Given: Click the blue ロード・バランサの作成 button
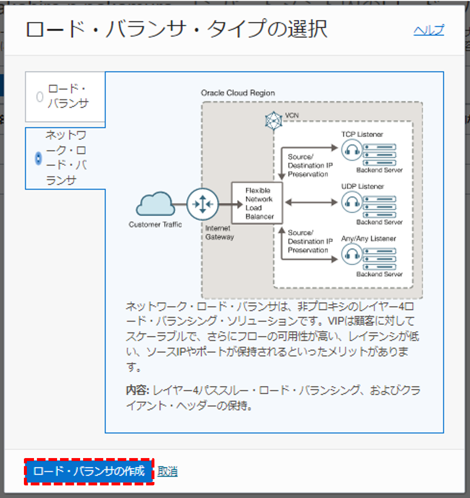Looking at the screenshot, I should coord(89,471).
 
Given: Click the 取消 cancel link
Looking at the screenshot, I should coord(167,472).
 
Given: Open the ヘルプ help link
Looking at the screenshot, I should coord(428,30).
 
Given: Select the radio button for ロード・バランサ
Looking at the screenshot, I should coord(40,97).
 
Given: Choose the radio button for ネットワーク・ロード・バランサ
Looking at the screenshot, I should coord(38,158).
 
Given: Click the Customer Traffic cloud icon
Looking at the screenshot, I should coord(155,204).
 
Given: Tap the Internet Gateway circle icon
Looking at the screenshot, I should coord(203,204).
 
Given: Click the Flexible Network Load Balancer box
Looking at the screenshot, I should coord(257,203).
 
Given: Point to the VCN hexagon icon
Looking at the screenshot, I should coord(274,121).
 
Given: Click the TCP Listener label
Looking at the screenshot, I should coord(362,134).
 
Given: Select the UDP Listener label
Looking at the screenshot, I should coord(363,187).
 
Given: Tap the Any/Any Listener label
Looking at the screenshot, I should coord(368,239).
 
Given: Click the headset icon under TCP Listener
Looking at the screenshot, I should coord(352,150).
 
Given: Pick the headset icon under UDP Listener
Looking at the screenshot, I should coord(352,202).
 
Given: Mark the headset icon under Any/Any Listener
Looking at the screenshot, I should coord(352,254).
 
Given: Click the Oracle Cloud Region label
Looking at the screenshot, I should coord(238,93).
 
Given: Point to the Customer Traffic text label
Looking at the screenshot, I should coord(155,225).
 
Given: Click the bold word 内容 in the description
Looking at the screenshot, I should coord(137,390).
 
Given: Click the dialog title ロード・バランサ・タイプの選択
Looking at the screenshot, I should coord(176,30).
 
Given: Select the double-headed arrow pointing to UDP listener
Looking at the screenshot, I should coord(311,203).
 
